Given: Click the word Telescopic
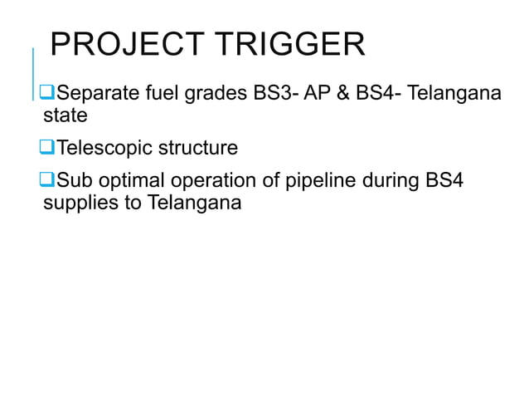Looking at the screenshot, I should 104,149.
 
